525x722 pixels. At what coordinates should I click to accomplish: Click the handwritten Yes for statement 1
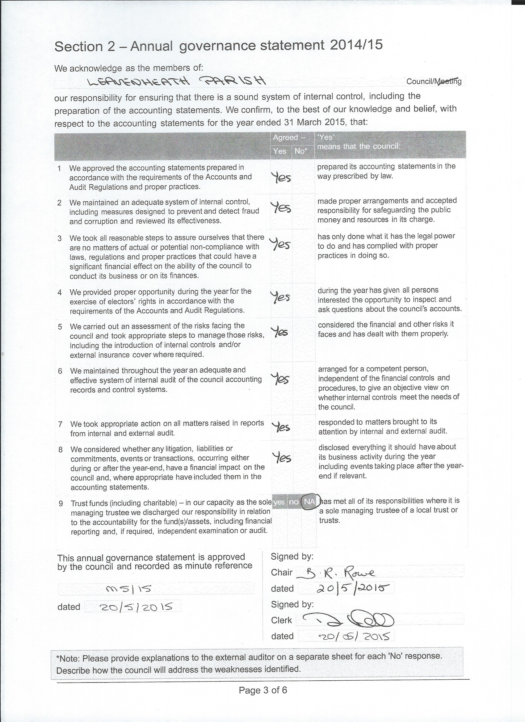point(281,177)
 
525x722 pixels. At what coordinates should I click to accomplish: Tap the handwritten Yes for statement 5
point(280,332)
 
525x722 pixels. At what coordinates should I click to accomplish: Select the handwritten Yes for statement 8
point(282,458)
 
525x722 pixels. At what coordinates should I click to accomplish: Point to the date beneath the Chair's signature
point(351,588)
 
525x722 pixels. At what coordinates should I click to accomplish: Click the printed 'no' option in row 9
point(294,502)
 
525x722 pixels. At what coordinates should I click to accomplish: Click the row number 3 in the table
point(60,238)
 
